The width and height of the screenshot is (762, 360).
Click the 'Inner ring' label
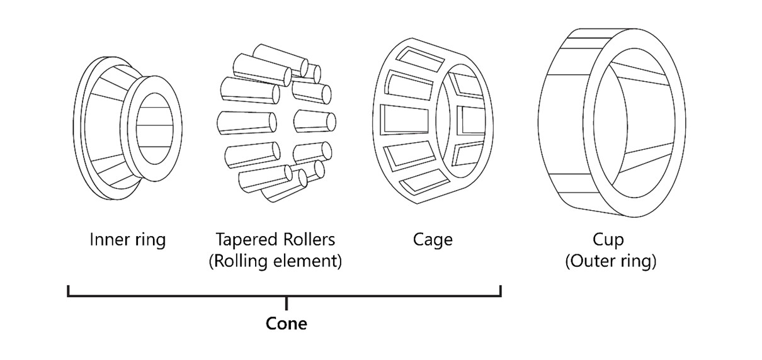click(x=128, y=240)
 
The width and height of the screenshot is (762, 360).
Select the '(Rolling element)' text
click(x=275, y=261)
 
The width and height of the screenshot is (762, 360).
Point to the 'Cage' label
click(x=433, y=240)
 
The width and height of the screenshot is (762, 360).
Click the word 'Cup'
click(x=608, y=240)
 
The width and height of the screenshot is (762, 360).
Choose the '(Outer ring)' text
click(x=610, y=261)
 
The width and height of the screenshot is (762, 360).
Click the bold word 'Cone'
click(x=287, y=323)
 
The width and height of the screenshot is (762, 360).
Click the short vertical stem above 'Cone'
click(x=287, y=303)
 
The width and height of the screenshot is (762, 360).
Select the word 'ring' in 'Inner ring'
click(x=150, y=240)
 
